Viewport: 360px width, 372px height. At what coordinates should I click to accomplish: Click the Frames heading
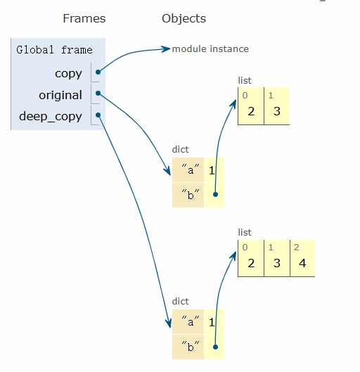[84, 18]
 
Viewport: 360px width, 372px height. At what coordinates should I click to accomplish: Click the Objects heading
[184, 19]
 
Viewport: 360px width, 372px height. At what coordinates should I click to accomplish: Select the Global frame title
[54, 50]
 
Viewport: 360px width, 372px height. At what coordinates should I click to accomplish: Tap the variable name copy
[68, 74]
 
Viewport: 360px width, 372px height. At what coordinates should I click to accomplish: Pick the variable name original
[60, 96]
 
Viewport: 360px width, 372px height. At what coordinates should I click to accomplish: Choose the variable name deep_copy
[51, 117]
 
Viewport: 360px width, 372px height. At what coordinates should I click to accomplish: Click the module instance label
[210, 49]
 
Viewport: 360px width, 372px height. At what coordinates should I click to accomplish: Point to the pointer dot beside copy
[98, 72]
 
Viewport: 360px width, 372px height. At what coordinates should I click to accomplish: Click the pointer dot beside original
[98, 94]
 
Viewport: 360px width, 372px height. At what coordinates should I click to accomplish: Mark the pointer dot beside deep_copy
[98, 115]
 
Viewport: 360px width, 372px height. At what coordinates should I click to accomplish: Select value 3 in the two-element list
[277, 111]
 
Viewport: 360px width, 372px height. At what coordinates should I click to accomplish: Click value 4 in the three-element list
[302, 263]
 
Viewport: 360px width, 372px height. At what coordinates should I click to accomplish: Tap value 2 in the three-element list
[251, 263]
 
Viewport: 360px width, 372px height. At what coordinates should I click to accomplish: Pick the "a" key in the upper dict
[191, 169]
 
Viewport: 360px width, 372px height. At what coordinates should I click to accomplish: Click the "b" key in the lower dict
[191, 346]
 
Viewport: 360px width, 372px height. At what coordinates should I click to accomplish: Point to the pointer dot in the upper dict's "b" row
[215, 195]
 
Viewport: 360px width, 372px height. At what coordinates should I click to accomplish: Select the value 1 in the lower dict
[212, 322]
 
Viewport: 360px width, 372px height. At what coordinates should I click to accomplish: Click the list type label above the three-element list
[245, 232]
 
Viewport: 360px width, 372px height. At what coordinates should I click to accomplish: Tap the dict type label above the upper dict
[180, 150]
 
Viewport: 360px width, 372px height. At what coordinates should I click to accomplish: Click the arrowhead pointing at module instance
[167, 49]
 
